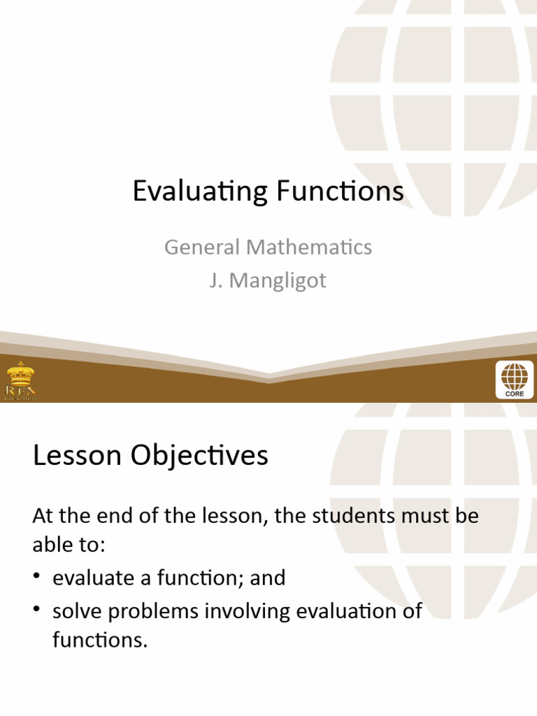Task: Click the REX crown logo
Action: click(x=20, y=380)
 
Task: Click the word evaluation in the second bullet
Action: click(x=347, y=611)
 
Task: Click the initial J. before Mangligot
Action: click(x=216, y=281)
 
